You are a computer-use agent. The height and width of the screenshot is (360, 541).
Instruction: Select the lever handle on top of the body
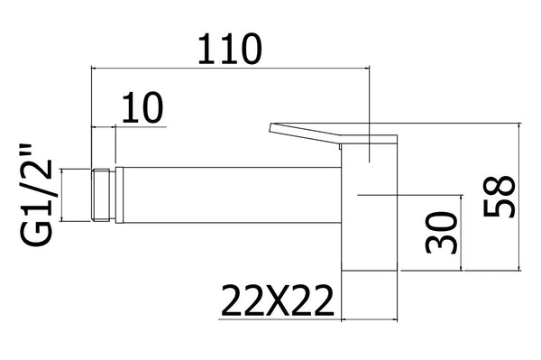[334, 134]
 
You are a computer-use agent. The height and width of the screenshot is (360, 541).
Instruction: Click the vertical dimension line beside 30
[463, 233]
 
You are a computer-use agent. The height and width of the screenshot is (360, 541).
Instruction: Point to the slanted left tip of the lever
[272, 129]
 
